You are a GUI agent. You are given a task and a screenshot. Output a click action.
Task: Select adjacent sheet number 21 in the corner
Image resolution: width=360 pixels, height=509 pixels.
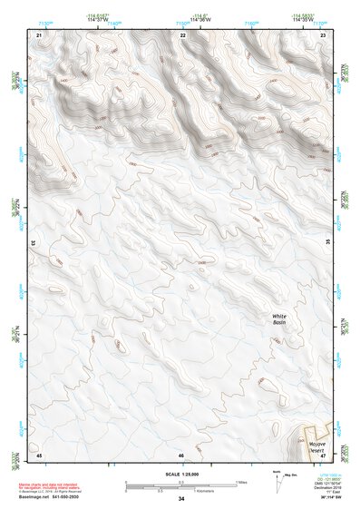pyautogui.click(x=39, y=34)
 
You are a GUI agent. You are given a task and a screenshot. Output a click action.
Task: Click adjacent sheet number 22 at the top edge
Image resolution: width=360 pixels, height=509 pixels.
pyautogui.click(x=183, y=34)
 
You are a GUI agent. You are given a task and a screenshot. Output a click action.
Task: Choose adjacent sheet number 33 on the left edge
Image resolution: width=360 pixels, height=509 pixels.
pyautogui.click(x=34, y=243)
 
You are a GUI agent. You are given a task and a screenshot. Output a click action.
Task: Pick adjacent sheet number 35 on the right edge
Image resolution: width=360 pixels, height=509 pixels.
pyautogui.click(x=327, y=243)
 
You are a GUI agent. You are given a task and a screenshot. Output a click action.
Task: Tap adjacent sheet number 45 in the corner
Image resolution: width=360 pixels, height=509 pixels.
pyautogui.click(x=39, y=454)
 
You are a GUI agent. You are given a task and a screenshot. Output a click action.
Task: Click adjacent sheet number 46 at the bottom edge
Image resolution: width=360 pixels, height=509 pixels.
pyautogui.click(x=181, y=454)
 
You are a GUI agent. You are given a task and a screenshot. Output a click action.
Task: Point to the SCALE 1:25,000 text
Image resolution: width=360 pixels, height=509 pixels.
pyautogui.click(x=181, y=475)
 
